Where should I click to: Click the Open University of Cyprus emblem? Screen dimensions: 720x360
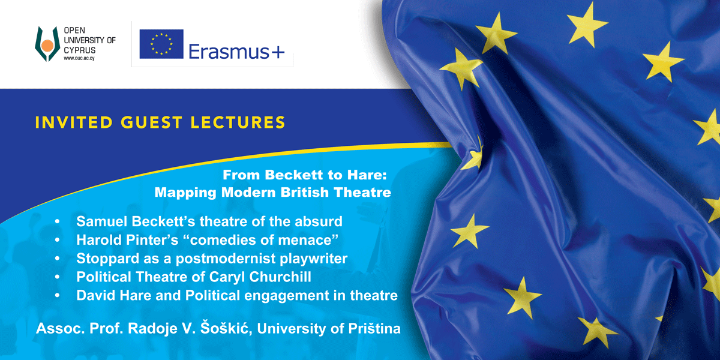tap(47, 44)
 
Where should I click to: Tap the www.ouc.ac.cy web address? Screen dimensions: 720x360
tap(79, 58)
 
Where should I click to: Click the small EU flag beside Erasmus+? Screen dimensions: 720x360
tap(161, 44)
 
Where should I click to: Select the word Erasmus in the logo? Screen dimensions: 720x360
tap(229, 52)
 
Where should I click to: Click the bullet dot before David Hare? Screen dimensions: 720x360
tap(58, 296)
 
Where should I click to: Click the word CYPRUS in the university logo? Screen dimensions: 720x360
tap(80, 50)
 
